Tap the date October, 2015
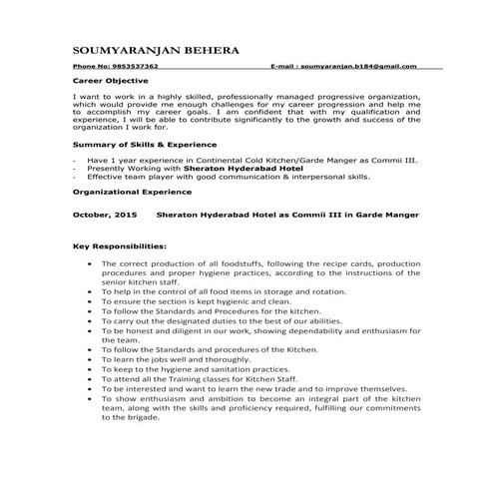click(x=106, y=214)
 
